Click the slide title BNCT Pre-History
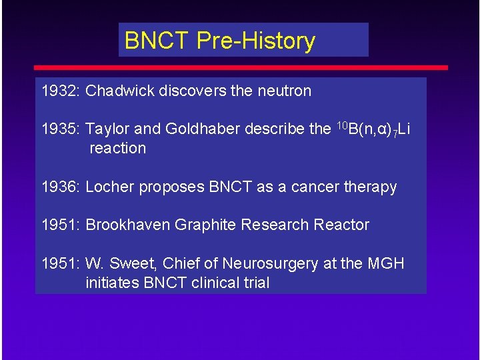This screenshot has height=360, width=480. (219, 41)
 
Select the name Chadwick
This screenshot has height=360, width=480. (118, 91)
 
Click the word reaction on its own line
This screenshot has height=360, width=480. (117, 148)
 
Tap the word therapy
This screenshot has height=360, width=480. (370, 187)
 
